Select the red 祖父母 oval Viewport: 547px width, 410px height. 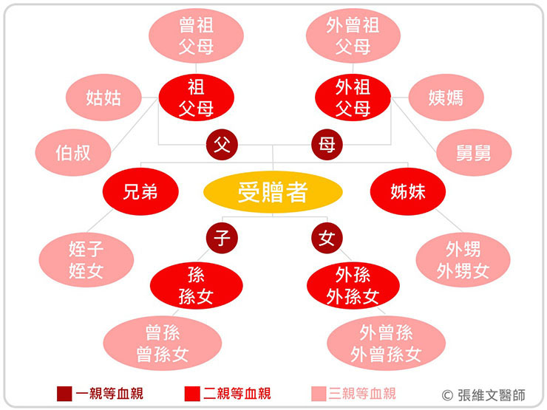[197, 98]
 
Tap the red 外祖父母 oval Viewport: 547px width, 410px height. [353, 98]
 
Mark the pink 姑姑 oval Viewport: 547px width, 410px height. [103, 97]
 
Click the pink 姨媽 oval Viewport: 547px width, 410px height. [446, 97]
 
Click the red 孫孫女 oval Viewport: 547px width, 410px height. [197, 287]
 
